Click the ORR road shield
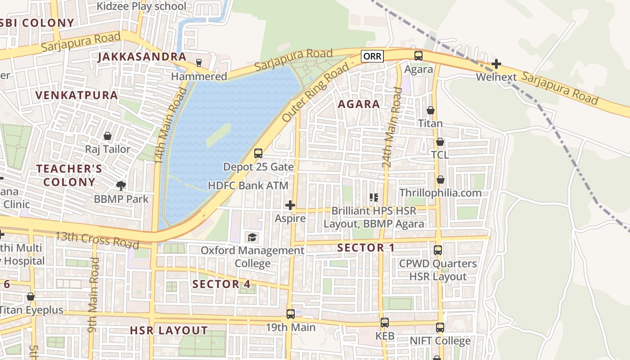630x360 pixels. (x=372, y=56)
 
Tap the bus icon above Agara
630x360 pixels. (x=418, y=56)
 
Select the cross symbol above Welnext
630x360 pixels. (x=496, y=64)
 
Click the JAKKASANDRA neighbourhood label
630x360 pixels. (x=142, y=57)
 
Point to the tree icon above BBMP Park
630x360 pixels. (x=121, y=185)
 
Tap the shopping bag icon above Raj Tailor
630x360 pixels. (x=108, y=135)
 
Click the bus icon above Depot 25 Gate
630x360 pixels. (x=258, y=153)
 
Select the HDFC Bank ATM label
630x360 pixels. (x=248, y=185)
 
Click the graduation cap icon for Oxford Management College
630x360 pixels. (x=252, y=237)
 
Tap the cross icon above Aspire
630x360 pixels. (x=290, y=205)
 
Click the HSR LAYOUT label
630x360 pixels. (x=169, y=330)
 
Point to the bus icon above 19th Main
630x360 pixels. (x=291, y=314)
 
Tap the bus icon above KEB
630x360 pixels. (x=384, y=323)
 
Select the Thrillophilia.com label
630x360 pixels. (x=441, y=193)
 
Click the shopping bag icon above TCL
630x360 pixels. (x=440, y=142)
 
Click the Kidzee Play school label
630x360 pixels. (x=142, y=6)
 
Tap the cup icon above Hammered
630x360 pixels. (x=198, y=63)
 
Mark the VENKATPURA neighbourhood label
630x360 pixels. (x=76, y=95)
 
